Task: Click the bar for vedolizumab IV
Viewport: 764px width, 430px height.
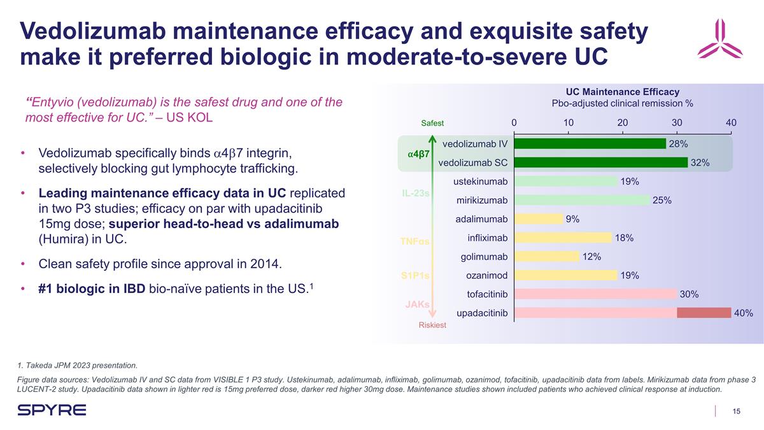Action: tap(589, 144)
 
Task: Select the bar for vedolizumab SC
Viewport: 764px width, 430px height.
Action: tap(600, 162)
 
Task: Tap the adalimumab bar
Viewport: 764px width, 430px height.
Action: tap(538, 219)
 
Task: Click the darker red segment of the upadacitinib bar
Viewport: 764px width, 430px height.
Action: tap(704, 313)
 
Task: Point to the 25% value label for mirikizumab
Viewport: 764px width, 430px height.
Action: tap(662, 201)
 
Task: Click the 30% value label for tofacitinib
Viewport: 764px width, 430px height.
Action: tap(690, 294)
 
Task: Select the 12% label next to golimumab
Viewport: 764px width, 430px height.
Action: tap(592, 257)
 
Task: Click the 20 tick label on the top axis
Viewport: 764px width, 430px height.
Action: tap(623, 123)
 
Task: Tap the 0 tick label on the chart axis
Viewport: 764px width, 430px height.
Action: tap(514, 123)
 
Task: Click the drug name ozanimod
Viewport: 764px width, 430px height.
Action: tap(486, 275)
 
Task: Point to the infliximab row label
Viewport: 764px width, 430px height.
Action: tap(487, 238)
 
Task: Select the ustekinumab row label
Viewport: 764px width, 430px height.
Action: tap(480, 182)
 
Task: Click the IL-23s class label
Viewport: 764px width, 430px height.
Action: tap(415, 192)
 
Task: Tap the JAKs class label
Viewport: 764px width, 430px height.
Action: tap(417, 305)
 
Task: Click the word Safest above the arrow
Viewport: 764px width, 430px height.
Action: tap(432, 124)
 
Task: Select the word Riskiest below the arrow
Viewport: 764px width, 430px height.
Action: tap(432, 325)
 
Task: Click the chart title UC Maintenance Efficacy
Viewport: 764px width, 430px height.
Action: tap(622, 92)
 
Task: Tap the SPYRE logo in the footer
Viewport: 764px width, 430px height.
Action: tap(52, 410)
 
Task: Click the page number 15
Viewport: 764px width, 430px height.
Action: tap(736, 411)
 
